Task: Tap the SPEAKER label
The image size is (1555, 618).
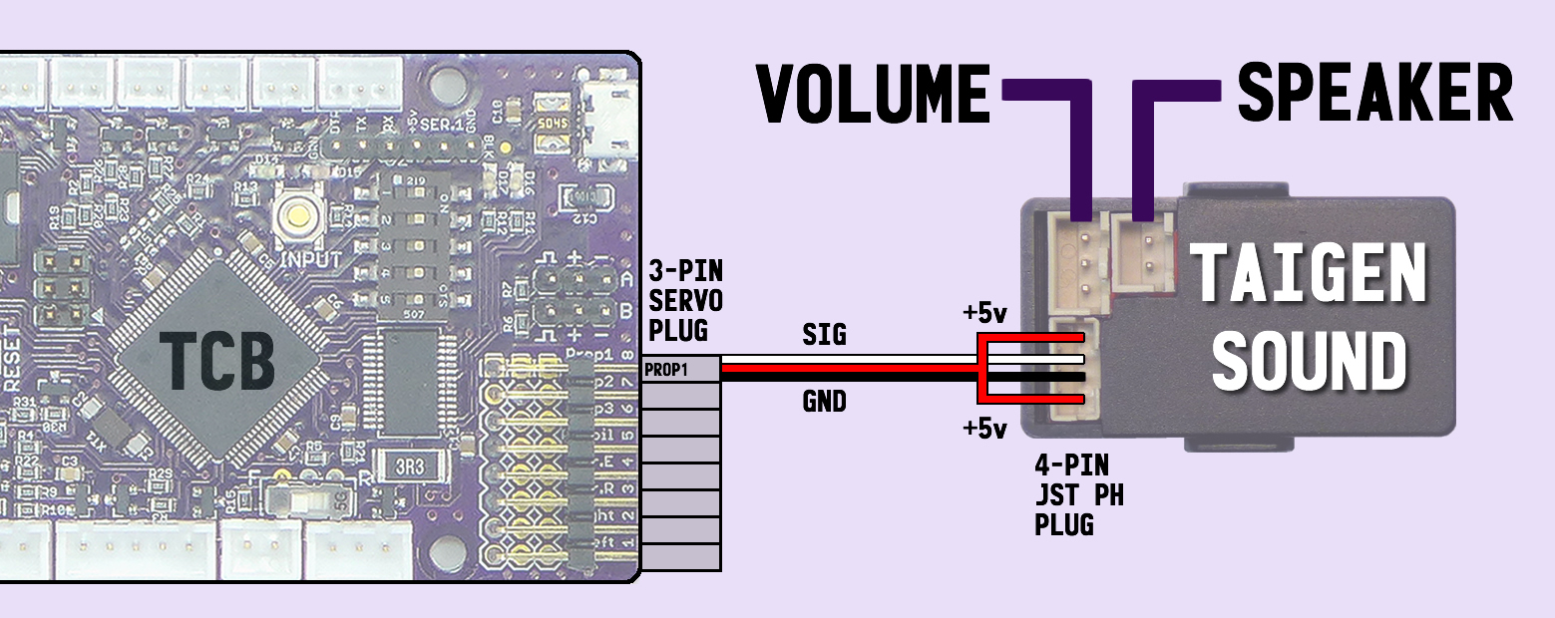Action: tap(1375, 94)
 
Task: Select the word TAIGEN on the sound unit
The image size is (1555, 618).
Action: tap(1311, 274)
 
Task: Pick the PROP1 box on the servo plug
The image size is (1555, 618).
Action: tap(680, 369)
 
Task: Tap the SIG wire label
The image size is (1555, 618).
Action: tap(824, 336)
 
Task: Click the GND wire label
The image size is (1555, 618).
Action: tap(824, 403)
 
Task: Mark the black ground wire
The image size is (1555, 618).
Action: tap(848, 380)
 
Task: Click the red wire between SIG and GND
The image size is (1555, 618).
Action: tap(848, 370)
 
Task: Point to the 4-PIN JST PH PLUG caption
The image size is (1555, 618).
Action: tap(1078, 494)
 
